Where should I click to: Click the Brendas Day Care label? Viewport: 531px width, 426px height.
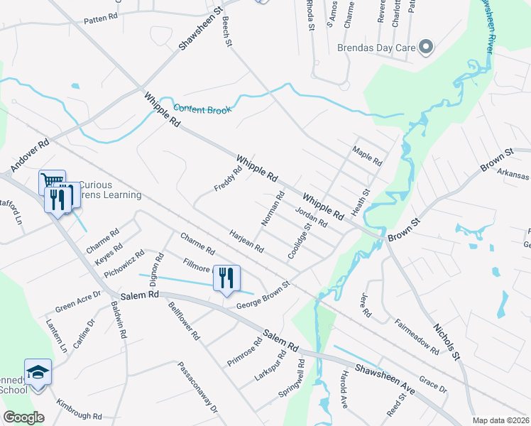(376, 49)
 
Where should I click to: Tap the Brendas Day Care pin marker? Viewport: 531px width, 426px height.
(426, 48)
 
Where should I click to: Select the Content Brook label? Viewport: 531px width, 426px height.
(202, 109)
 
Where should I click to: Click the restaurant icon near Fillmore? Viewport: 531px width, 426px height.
(226, 278)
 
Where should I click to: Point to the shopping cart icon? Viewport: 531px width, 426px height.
(52, 182)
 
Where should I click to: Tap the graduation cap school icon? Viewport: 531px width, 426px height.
(38, 371)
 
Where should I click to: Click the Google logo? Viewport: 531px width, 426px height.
(23, 417)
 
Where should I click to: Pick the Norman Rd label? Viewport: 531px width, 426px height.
(273, 209)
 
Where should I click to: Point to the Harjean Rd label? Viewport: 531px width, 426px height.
(246, 241)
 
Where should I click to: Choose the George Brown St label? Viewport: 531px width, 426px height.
(263, 295)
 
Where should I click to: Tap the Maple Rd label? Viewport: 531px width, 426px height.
(367, 156)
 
